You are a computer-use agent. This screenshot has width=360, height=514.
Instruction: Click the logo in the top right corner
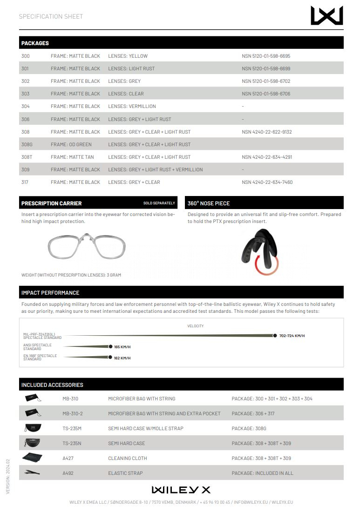pos(326,15)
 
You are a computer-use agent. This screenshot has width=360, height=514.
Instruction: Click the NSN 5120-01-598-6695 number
pos(266,56)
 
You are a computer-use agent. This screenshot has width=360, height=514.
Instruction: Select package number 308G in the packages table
pos(27,144)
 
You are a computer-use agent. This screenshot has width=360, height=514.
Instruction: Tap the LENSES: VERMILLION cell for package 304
pos(132,106)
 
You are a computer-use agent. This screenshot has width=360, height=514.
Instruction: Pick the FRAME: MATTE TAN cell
pos(72,157)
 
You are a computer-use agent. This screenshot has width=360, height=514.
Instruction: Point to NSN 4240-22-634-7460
pos(267,182)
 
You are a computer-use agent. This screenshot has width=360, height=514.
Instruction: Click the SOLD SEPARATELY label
pos(159,203)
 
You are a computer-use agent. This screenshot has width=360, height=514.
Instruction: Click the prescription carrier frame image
pos(87,247)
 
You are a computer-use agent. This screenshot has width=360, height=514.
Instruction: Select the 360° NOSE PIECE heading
pos(209,203)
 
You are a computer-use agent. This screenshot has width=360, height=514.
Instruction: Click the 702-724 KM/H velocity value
pos(292,336)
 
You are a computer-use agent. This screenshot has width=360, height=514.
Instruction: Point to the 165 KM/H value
pos(122,347)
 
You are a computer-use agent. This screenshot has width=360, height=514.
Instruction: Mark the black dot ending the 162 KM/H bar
pos(110,358)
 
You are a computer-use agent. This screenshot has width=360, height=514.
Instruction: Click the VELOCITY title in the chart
pos(195,326)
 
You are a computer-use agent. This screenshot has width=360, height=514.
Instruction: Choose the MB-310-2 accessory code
pos(73,413)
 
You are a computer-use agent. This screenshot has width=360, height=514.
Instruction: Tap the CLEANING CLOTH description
pos(127,458)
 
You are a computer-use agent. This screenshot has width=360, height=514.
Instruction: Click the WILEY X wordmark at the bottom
pos(181,490)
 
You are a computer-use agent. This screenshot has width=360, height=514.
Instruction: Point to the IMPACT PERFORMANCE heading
pos(50,293)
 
